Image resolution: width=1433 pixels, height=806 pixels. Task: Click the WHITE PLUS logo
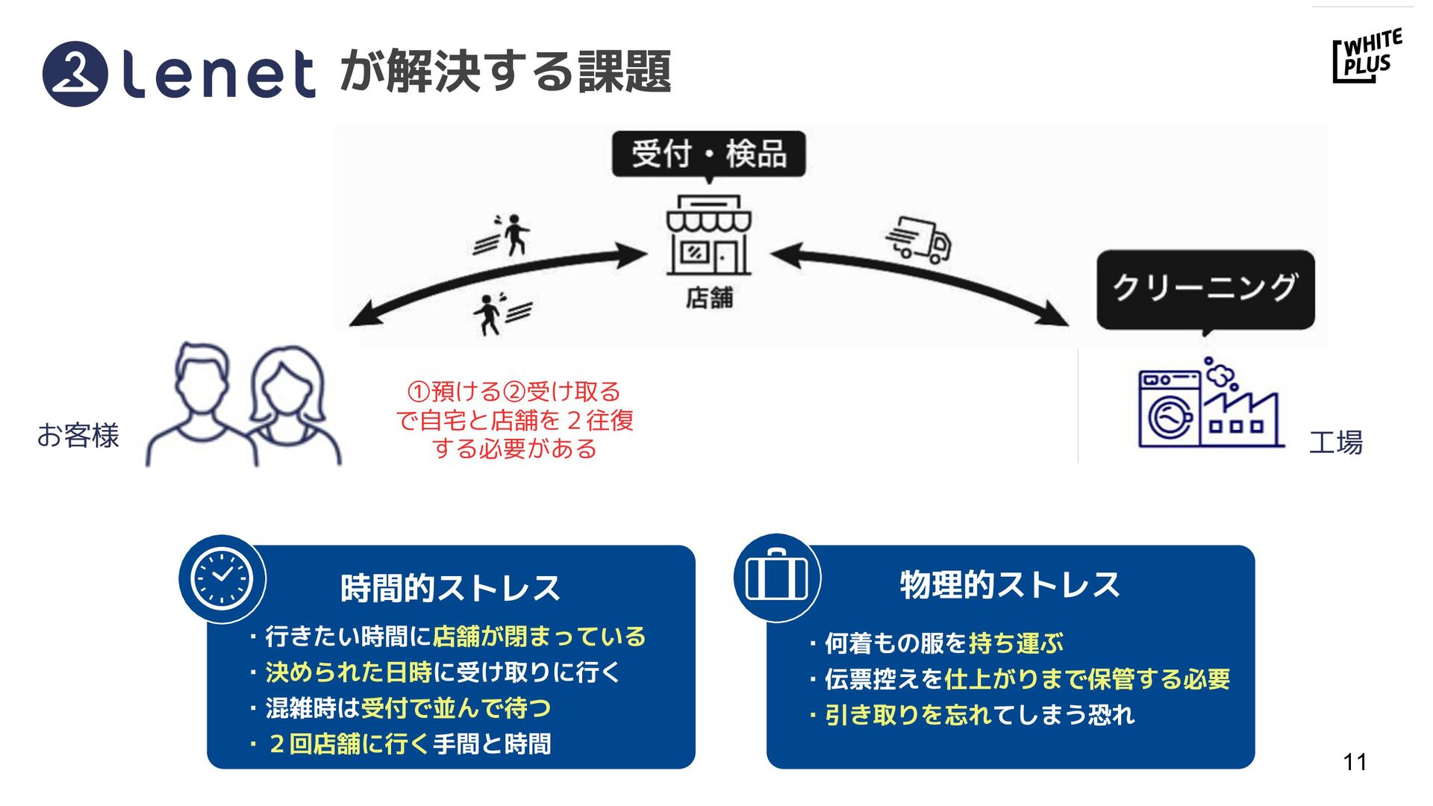click(1367, 56)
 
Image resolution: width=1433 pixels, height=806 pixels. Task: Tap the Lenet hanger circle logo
click(75, 73)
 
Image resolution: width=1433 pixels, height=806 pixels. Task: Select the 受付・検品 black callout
click(708, 154)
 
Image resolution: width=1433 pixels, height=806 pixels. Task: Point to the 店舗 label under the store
click(709, 298)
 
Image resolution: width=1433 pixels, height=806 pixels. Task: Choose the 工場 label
click(1335, 443)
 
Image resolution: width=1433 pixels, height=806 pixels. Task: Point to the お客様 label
click(78, 435)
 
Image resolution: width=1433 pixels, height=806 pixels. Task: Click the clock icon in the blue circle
click(222, 578)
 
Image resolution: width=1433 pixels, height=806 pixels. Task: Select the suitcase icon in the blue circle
click(777, 577)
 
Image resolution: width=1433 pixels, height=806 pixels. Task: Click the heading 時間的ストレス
click(450, 588)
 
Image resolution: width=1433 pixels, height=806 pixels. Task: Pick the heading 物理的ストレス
click(1010, 584)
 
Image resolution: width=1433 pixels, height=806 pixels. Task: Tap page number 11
click(1355, 762)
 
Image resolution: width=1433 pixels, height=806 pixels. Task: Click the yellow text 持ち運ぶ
click(1016, 643)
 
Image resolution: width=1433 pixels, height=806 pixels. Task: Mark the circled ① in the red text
click(418, 392)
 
